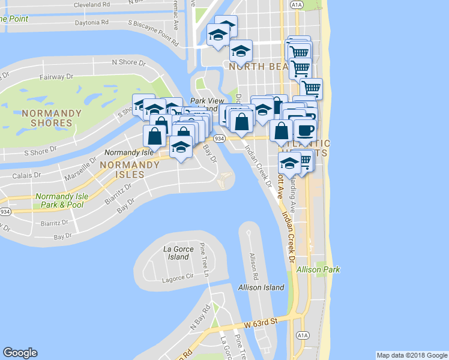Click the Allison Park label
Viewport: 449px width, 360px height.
pyautogui.click(x=318, y=270)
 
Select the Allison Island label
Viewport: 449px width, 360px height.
pyautogui.click(x=261, y=287)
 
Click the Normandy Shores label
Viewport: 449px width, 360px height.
pyautogui.click(x=47, y=118)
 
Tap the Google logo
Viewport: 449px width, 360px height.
pyautogui.click(x=20, y=353)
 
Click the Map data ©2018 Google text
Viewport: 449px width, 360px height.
pyautogui.click(x=412, y=355)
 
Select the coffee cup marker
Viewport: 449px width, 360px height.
pyautogui.click(x=305, y=130)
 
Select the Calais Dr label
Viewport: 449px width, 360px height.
pyautogui.click(x=27, y=176)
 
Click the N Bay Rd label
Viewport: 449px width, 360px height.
pyautogui.click(x=200, y=317)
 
